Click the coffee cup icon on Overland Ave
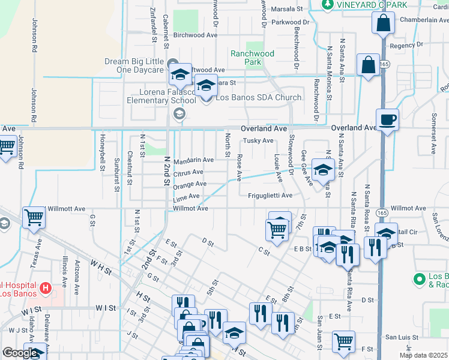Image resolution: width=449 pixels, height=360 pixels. pos(387,119)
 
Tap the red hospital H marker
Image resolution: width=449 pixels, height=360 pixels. pos(44,289)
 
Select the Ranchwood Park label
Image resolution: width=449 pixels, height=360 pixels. pos(253,58)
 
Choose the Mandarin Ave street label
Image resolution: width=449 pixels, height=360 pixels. pos(193,161)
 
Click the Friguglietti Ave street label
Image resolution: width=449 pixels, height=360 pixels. pos(270,196)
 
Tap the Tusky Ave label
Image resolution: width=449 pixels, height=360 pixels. pos(258,141)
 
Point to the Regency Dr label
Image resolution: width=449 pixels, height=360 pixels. pos(406,45)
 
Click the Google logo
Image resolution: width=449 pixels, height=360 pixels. pos(19,353)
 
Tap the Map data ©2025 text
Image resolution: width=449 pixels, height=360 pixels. pos(424,355)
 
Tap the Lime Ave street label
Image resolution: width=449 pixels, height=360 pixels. pos(186,197)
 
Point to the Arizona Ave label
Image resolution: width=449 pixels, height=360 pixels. pos(77,273)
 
